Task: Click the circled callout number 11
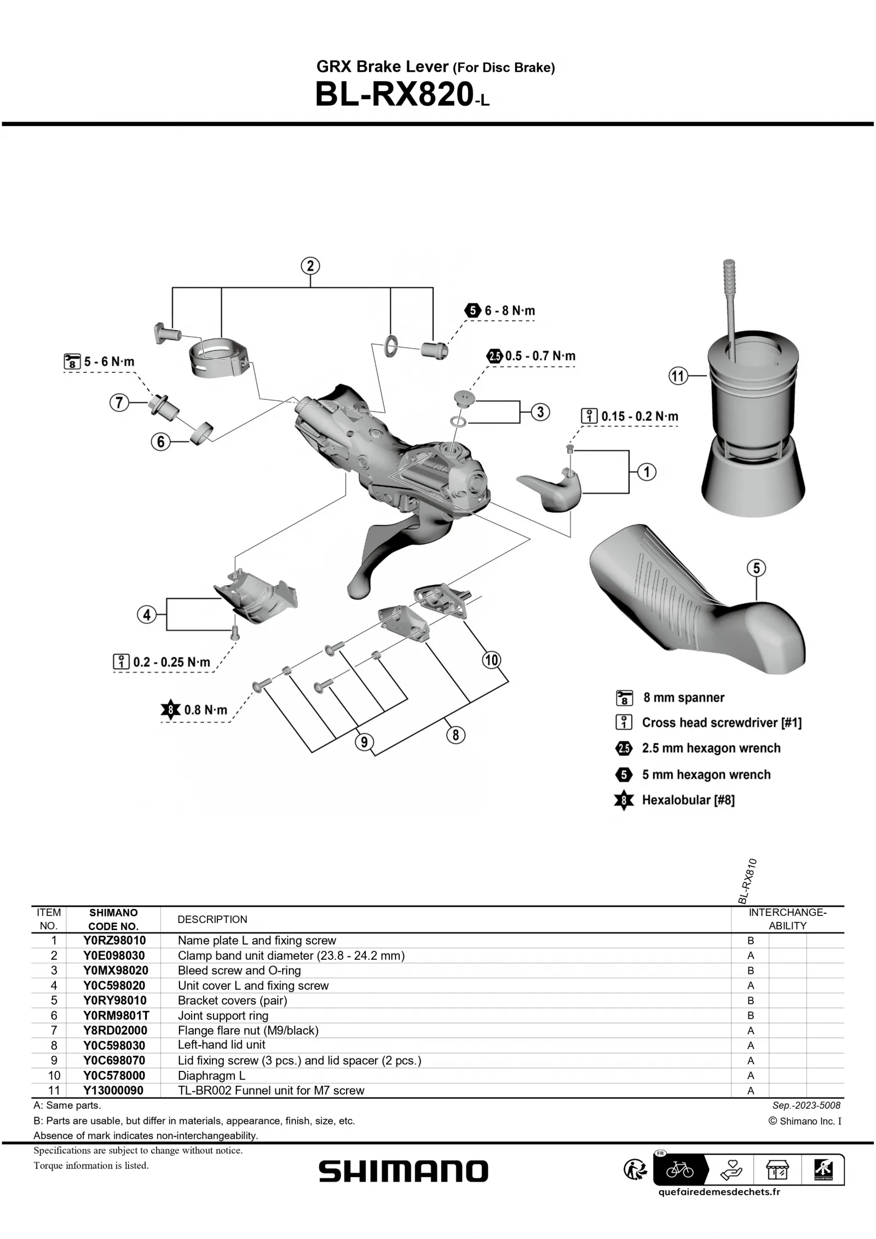point(678,376)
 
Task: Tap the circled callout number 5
point(756,568)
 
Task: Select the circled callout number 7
point(119,403)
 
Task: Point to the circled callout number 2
point(310,266)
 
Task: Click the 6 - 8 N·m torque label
point(509,311)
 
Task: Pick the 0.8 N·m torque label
point(205,711)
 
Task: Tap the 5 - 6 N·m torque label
point(108,362)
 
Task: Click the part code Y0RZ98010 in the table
point(114,956)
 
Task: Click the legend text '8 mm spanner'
point(683,698)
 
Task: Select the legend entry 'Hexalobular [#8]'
point(688,800)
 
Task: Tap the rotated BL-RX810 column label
point(747,881)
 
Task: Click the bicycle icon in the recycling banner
point(679,1171)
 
